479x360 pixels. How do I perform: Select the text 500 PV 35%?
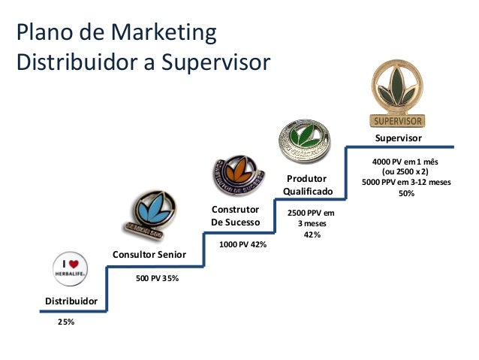coord(157,278)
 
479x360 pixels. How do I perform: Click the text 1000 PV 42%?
coord(243,244)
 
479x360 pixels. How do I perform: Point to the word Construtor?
coord(235,209)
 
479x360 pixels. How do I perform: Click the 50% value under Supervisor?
coord(405,193)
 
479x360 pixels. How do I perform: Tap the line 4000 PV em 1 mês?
coord(405,162)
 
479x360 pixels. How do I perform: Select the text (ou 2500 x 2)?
coord(405,171)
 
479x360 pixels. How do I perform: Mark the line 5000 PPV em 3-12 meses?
coord(405,181)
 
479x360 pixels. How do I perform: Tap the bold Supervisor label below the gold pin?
coord(399,139)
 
